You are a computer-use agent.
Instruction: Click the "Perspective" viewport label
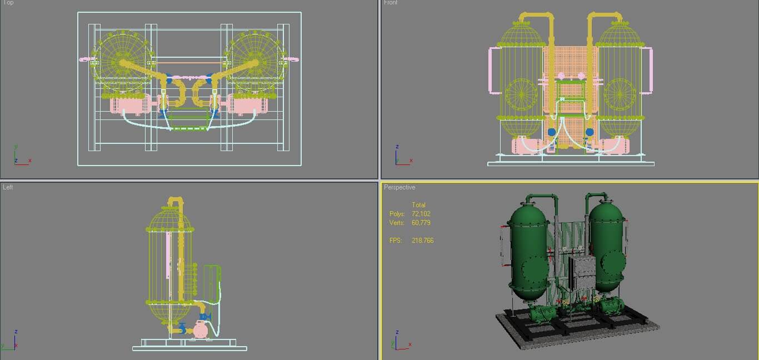(x=400, y=188)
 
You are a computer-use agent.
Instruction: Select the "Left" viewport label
(x=8, y=187)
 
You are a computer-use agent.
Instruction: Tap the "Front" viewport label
(x=391, y=3)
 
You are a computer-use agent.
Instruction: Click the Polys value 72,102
(x=421, y=214)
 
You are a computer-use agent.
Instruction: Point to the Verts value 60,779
(x=421, y=223)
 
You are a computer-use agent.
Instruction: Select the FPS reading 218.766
(x=422, y=241)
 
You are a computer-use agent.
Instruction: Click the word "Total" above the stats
(x=418, y=205)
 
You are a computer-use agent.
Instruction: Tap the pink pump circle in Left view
(x=200, y=330)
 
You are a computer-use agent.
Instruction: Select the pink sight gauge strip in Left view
(x=168, y=256)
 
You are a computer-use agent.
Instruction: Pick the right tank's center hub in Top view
(x=257, y=62)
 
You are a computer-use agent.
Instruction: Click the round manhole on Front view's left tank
(x=521, y=94)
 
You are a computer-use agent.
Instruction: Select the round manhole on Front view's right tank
(x=619, y=94)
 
